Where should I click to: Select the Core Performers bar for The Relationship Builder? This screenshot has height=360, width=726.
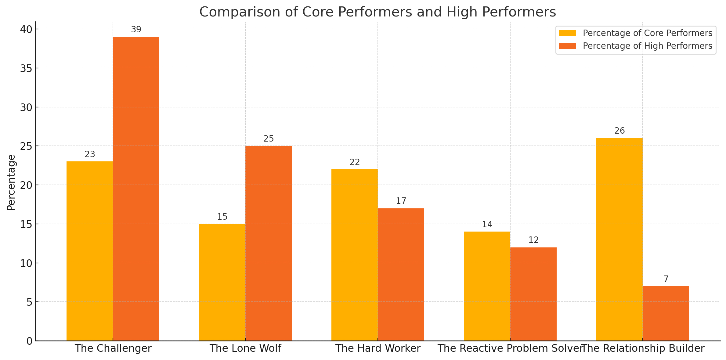coord(619,239)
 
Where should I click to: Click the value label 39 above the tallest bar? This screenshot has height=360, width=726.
coord(136,30)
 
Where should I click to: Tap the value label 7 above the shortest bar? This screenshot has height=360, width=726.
coord(666,279)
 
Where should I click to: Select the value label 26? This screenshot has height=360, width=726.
coord(619,131)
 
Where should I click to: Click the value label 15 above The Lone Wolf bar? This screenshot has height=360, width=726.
coord(222,217)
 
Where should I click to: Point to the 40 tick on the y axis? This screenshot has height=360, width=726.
coord(26,29)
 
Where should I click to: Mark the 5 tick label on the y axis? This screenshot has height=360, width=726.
coord(29,302)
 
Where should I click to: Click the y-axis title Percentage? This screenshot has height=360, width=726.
coord(11,182)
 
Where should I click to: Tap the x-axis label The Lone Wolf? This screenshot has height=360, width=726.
coord(245,348)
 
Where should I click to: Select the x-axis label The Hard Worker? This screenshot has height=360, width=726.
coord(378,348)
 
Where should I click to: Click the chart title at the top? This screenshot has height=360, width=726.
coord(377,12)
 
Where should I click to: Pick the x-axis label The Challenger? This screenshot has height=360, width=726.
coord(113,348)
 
